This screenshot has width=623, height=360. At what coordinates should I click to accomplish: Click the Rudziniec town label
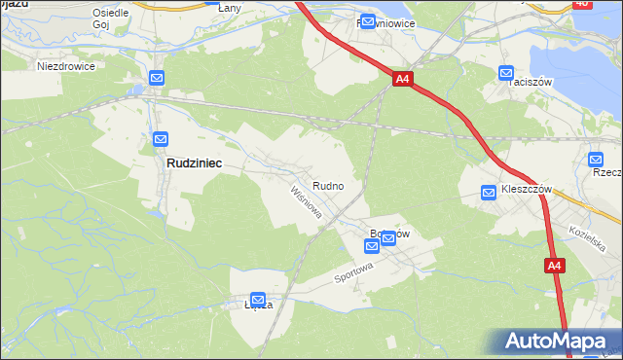tap(192, 164)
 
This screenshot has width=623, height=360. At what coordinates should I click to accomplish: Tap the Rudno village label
tap(326, 185)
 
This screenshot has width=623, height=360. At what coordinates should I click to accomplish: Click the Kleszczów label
tap(527, 189)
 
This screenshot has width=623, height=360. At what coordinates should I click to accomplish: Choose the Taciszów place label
tap(531, 83)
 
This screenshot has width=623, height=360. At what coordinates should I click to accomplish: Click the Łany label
tap(230, 8)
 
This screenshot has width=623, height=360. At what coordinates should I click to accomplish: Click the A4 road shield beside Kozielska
tap(554, 266)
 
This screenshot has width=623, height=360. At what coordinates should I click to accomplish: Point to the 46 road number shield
tap(608, 4)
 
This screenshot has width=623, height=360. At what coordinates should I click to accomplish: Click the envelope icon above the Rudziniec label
tap(161, 140)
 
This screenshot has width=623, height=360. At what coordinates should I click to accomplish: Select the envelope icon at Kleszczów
tap(490, 194)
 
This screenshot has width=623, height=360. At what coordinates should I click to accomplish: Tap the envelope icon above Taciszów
tap(506, 73)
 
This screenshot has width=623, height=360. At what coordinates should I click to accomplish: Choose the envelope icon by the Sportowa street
tap(388, 242)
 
